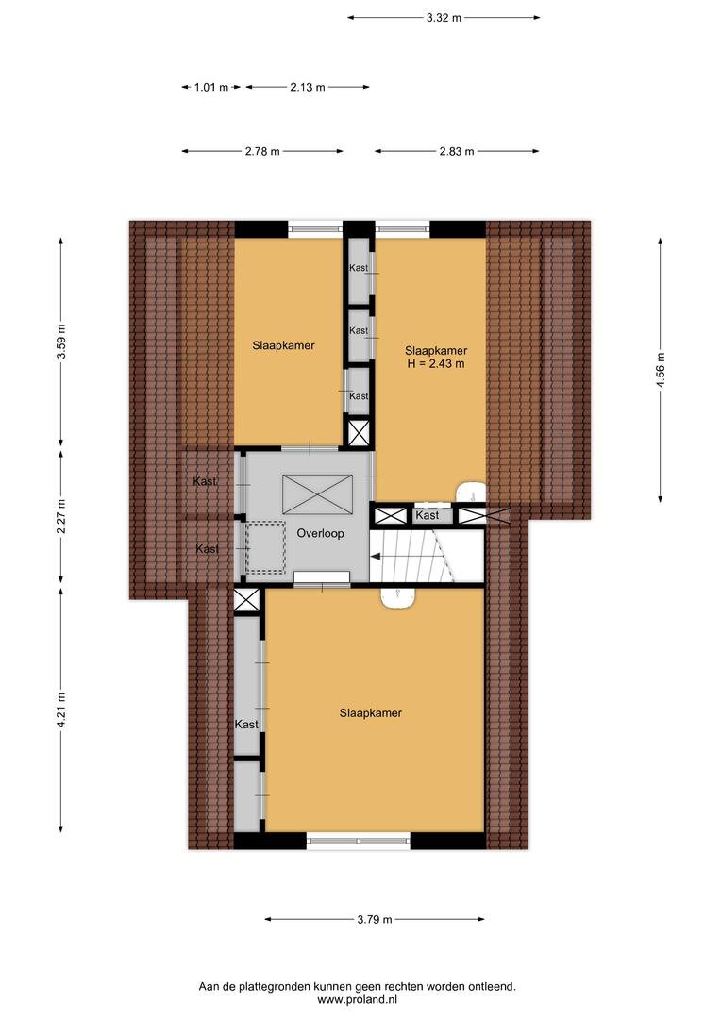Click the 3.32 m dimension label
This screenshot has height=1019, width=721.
click(444, 18)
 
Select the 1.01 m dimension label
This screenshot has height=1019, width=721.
click(211, 87)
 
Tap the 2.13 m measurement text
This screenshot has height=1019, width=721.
click(308, 87)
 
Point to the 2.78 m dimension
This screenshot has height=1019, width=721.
click(262, 151)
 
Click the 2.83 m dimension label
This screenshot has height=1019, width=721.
click(457, 151)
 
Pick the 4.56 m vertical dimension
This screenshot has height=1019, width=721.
click(661, 371)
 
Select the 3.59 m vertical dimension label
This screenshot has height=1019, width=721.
click(61, 342)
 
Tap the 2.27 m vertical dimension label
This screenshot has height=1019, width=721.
click(61, 517)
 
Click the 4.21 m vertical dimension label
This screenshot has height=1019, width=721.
click(61, 710)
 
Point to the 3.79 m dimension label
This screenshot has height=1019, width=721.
click(375, 919)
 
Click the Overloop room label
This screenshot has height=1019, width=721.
click(320, 533)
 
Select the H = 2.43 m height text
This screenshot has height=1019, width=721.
click(436, 364)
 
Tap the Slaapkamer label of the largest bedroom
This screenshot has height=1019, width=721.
click(371, 713)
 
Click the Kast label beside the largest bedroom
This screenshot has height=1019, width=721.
click(246, 724)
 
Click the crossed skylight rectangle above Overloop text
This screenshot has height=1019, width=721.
click(317, 494)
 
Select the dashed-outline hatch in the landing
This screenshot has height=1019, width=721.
click(265, 547)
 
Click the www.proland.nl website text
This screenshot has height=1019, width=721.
click(357, 999)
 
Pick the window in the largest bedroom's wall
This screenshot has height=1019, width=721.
click(359, 841)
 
